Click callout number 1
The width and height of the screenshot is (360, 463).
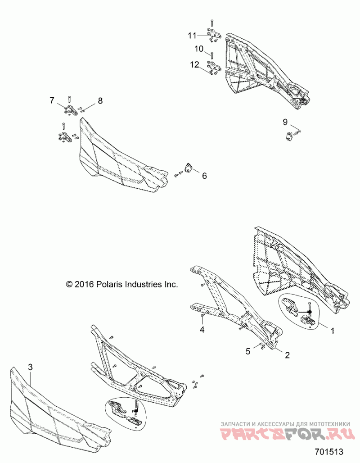tap(333, 331)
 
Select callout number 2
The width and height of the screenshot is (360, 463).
tap(286, 354)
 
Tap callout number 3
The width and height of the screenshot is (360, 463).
tap(30, 368)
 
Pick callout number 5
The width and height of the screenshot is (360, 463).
tap(247, 350)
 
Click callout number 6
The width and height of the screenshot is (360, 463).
tap(204, 176)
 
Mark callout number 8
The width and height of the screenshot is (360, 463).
tap(100, 101)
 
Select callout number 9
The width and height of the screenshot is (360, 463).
tap(285, 122)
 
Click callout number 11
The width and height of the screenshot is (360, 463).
tap(193, 35)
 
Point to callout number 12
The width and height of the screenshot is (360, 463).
tap(194, 64)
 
